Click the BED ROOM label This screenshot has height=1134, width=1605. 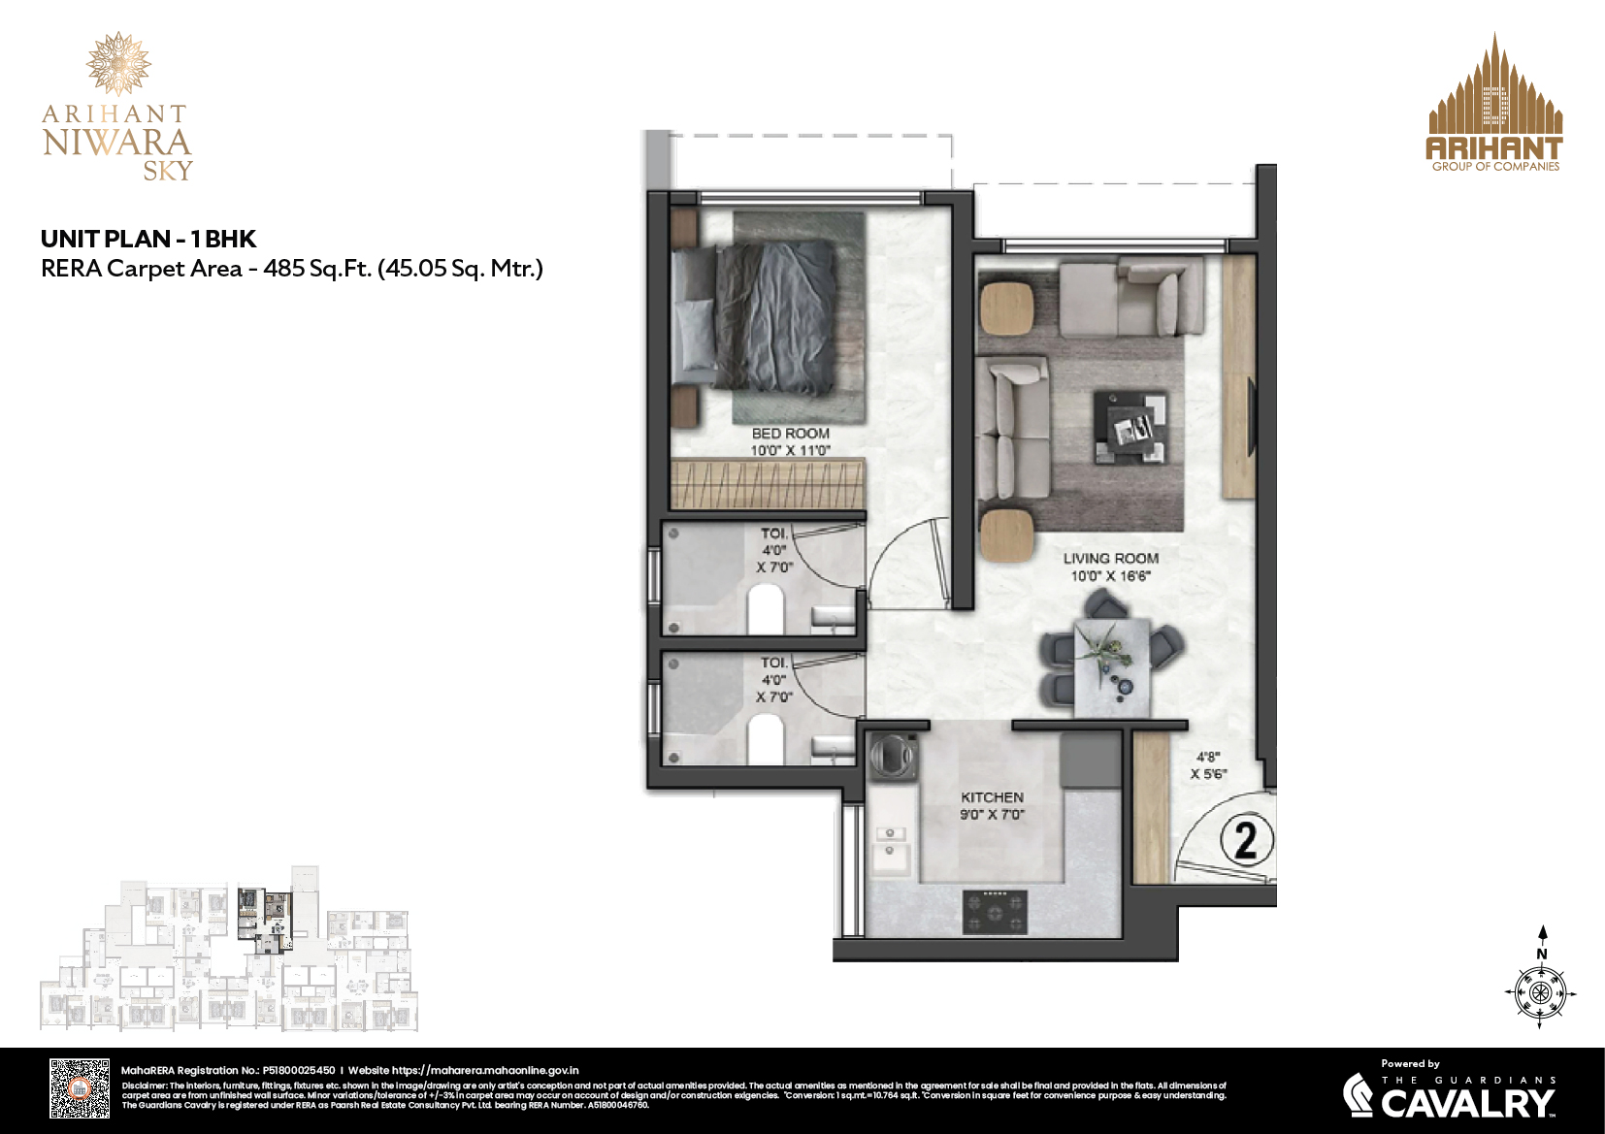click(790, 434)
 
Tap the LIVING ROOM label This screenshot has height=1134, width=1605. click(1110, 559)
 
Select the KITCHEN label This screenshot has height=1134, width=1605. click(992, 797)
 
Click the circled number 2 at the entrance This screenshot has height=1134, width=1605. click(1245, 840)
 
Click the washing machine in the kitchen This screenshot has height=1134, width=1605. click(893, 756)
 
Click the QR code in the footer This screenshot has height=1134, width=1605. click(80, 1089)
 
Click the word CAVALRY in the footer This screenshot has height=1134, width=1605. click(1467, 1103)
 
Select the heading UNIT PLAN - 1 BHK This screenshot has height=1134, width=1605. click(148, 239)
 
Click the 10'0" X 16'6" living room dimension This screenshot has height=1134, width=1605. click(1110, 576)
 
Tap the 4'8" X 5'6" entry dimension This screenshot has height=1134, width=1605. click(1208, 765)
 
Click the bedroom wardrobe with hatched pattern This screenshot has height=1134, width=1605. click(768, 484)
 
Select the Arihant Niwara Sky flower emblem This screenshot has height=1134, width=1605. click(118, 63)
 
